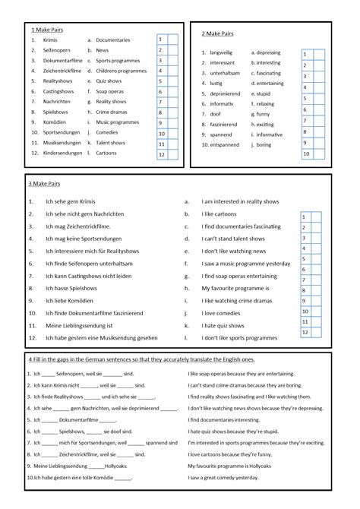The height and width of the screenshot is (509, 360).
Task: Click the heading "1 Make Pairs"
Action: (46, 28)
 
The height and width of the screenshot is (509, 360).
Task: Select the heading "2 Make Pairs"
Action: (217, 33)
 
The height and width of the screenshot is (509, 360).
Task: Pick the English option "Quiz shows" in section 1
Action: (109, 81)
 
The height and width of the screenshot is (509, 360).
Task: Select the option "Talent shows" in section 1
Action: (111, 142)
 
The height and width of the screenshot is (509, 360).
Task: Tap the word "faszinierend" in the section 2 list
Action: (227, 123)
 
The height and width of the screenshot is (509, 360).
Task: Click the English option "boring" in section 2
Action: (269, 144)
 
